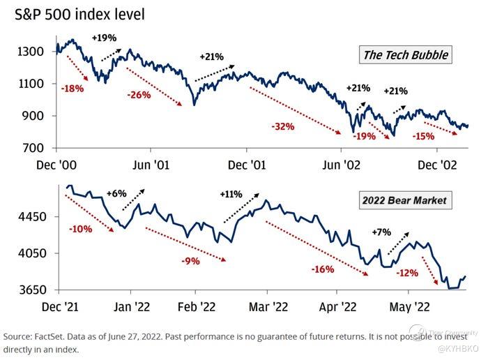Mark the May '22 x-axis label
409,306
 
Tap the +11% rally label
231,194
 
